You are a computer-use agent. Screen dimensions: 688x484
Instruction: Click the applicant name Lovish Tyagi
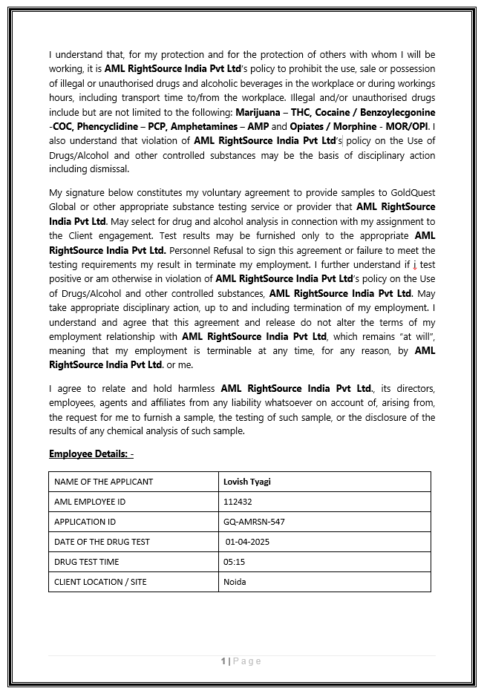247,482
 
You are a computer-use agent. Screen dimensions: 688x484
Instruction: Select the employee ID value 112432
238,502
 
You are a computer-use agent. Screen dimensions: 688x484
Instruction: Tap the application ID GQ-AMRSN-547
254,522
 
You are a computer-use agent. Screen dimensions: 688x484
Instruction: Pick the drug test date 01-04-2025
248,542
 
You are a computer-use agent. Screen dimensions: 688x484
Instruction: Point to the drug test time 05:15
235,562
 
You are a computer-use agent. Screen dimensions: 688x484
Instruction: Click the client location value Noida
235,582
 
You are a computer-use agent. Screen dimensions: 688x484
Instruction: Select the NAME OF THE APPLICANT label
104,482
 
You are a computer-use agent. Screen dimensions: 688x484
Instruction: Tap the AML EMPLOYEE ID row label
90,502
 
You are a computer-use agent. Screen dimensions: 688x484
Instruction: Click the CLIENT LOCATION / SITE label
100,582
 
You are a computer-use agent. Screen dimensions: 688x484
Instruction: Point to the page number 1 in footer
223,661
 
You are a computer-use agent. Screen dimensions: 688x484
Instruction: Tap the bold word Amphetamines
206,126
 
